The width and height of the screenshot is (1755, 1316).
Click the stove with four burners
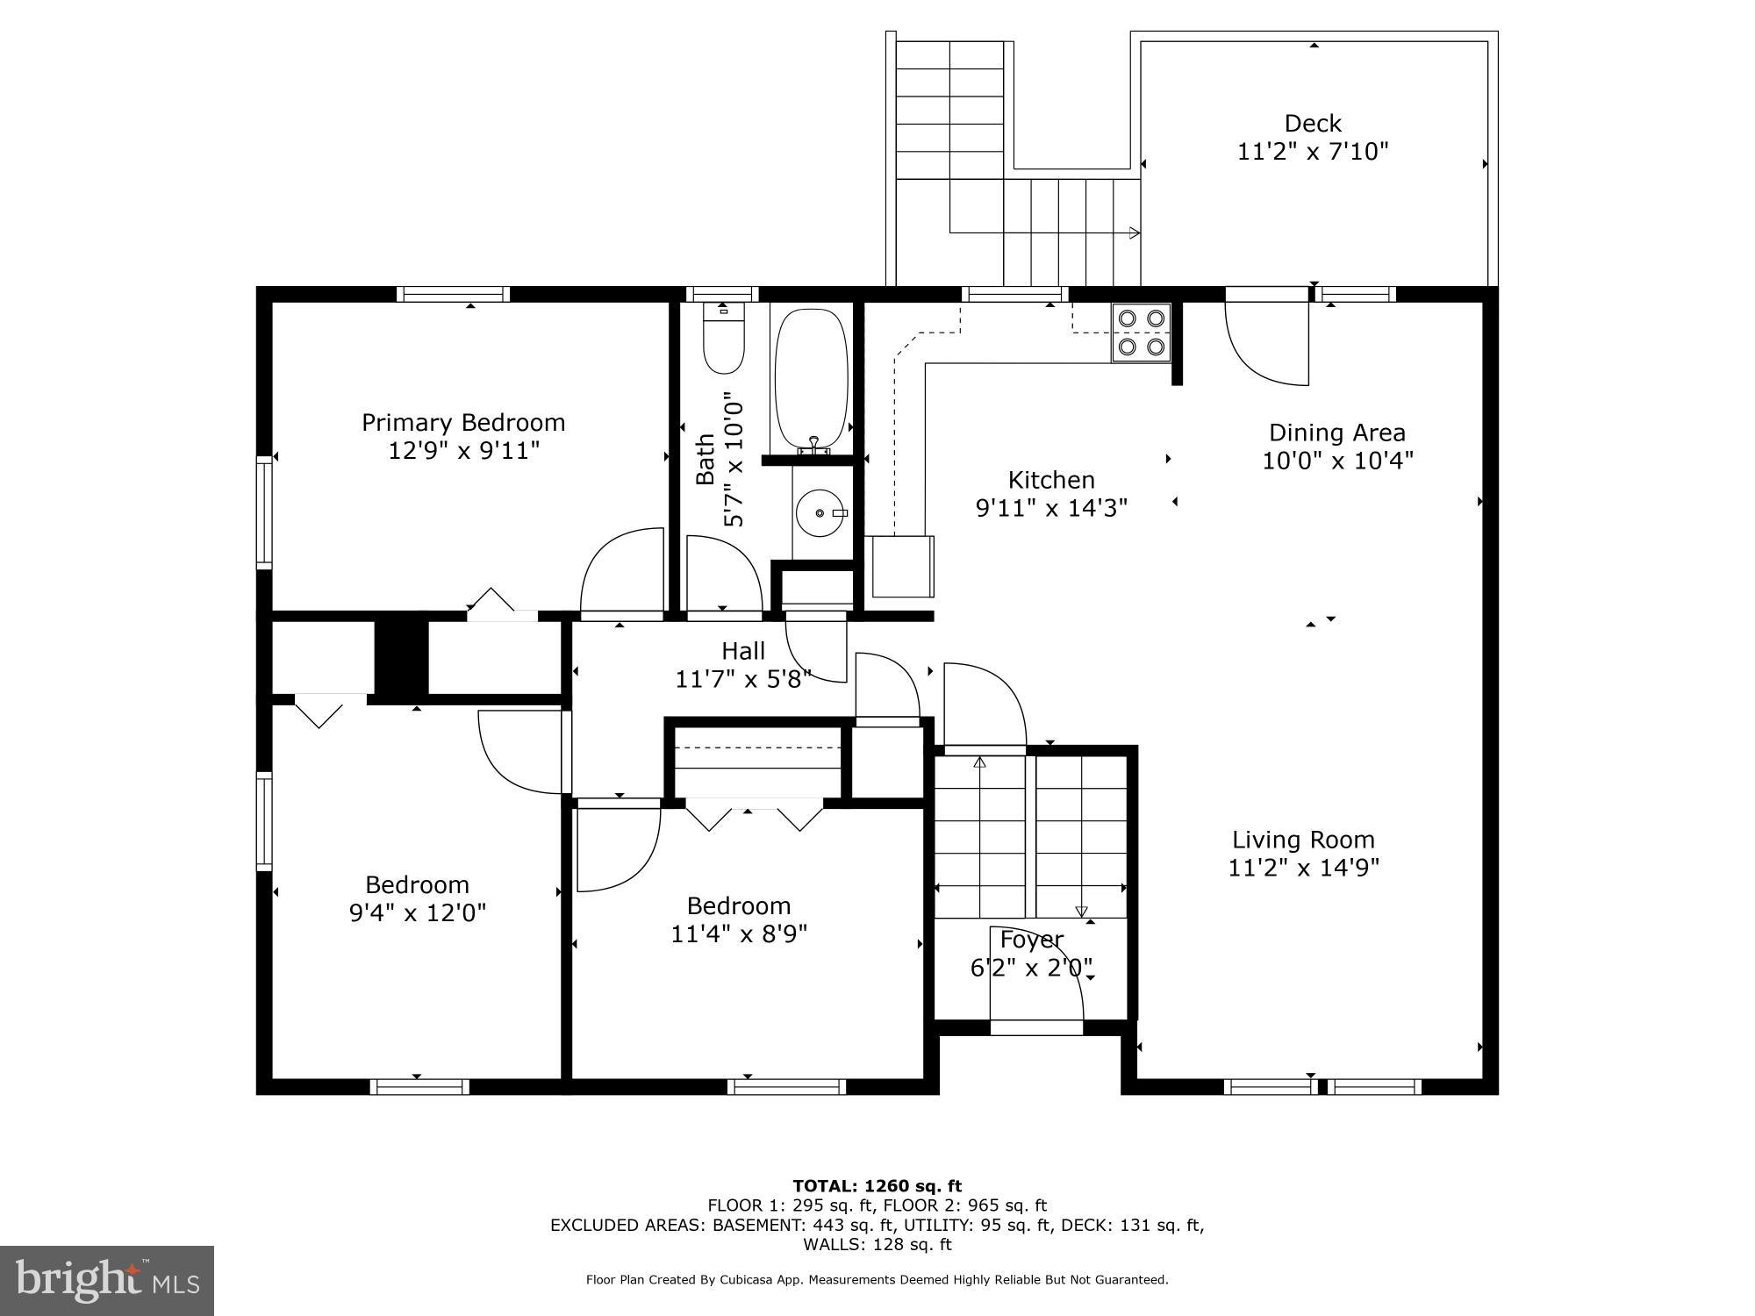[1142, 333]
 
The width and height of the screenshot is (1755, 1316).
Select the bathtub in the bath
[812, 379]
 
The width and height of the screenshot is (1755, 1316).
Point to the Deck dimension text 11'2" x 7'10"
[1313, 152]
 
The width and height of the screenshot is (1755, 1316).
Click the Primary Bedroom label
[463, 423]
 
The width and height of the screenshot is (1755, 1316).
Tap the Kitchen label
[1051, 480]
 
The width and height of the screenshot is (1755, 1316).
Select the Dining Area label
[1336, 433]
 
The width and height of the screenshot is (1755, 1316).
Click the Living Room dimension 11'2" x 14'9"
[1303, 868]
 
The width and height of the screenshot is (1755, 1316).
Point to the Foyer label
[1031, 940]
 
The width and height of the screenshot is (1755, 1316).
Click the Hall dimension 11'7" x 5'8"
[743, 679]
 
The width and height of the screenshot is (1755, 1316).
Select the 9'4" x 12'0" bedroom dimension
[418, 913]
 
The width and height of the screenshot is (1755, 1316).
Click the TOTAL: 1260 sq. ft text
[877, 1186]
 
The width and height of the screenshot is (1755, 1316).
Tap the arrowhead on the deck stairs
[1135, 232]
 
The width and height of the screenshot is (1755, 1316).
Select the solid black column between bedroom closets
[401, 658]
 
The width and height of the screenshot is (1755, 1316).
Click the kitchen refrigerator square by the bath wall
[902, 566]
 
